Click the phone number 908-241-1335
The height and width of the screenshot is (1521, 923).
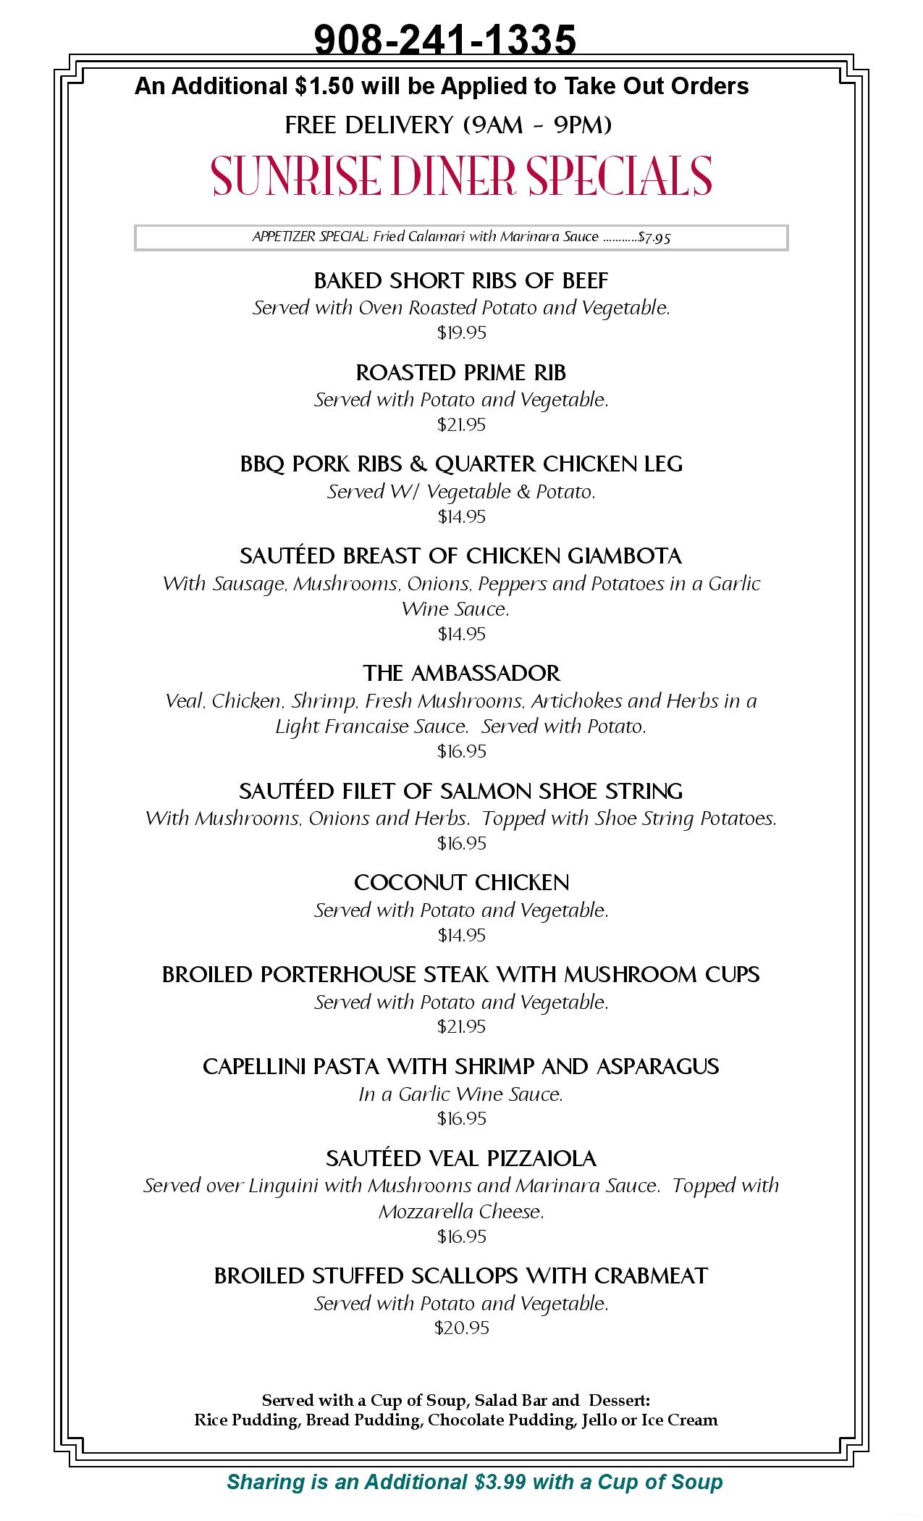pos(444,39)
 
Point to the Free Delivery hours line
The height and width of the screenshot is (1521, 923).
pos(448,125)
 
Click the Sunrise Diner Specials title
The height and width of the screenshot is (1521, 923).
pos(462,175)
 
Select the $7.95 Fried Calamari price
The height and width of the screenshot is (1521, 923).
pos(654,238)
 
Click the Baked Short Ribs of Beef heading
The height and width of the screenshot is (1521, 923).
pos(461,280)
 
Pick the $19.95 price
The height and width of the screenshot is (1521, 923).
pos(461,333)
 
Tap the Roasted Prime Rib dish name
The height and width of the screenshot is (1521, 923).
pos(461,373)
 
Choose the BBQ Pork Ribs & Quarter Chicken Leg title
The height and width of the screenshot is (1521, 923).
pos(461,464)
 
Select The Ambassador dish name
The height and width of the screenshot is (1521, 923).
pos(461,674)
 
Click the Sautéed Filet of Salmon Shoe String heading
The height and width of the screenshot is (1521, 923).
pos(461,791)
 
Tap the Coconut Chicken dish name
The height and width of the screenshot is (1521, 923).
pos(461,883)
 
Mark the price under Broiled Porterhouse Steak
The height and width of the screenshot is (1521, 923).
pos(461,1027)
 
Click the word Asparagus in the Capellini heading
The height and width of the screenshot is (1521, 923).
pos(658,1067)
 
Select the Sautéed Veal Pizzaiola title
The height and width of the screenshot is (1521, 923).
pos(461,1159)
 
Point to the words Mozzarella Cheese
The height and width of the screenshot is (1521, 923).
pos(461,1212)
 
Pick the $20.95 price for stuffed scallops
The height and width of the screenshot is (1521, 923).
pos(461,1328)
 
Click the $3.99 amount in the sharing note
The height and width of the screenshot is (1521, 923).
pos(500,1483)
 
